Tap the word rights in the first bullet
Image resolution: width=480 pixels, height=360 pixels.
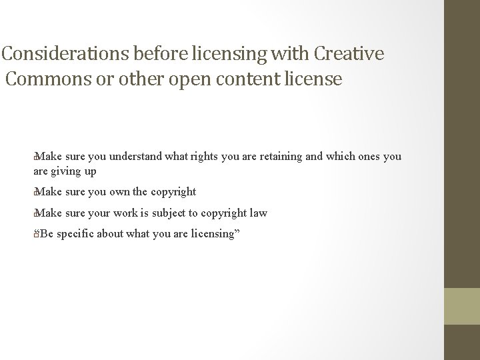[207, 157]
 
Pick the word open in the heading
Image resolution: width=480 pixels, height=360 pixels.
[186, 79]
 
